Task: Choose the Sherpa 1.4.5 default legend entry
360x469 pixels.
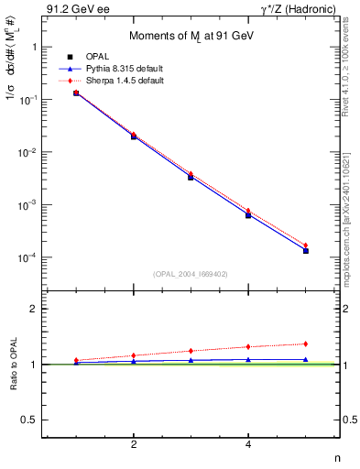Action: (x=114, y=81)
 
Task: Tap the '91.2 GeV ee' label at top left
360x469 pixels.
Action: (x=73, y=9)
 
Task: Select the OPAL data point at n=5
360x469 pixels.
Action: (x=306, y=250)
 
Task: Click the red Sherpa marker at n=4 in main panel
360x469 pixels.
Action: (x=248, y=211)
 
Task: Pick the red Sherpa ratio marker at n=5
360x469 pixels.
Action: (x=306, y=344)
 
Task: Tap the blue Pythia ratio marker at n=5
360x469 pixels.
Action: (x=306, y=360)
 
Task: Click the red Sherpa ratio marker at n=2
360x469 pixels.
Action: (x=134, y=355)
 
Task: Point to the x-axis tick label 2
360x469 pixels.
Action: (x=134, y=444)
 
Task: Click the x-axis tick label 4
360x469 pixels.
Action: (x=248, y=444)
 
